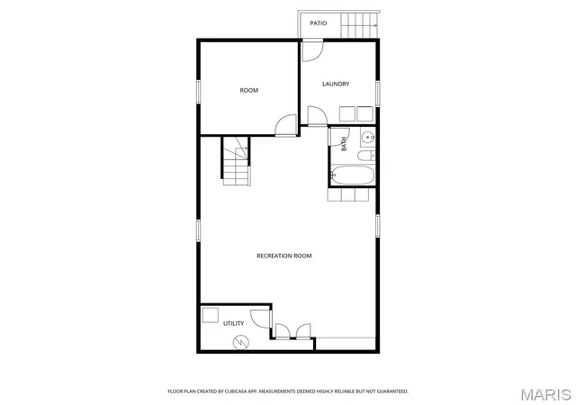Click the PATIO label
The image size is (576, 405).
[318, 23]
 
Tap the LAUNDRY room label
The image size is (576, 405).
[336, 85]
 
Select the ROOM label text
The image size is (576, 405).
[249, 90]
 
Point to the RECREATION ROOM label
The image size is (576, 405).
[284, 256]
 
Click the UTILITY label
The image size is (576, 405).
[234, 323]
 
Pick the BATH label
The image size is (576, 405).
[344, 144]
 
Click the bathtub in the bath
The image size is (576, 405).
[352, 175]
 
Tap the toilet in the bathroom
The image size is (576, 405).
[366, 156]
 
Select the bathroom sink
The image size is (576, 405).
[367, 138]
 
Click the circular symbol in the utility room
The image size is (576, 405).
[241, 343]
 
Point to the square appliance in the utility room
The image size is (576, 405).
[210, 315]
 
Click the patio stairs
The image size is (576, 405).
[359, 25]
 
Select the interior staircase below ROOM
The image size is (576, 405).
[236, 161]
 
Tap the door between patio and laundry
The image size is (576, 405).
[312, 50]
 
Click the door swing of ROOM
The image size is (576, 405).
[286, 125]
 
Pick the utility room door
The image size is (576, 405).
[261, 319]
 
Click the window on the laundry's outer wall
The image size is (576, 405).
[378, 94]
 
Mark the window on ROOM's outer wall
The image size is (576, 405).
[198, 92]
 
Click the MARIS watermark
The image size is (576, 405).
[546, 395]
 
